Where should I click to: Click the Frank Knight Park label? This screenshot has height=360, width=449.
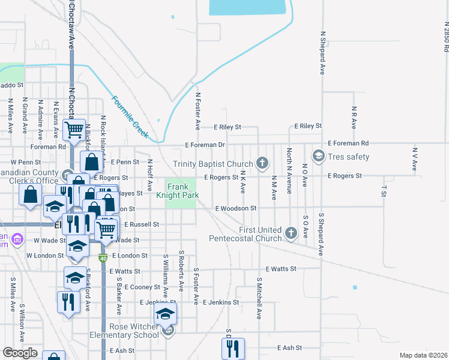[181, 191]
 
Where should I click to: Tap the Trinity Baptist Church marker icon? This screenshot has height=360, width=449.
[262, 163]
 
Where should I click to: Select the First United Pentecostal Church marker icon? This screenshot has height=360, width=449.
[291, 233]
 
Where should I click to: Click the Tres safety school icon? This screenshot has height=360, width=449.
[318, 157]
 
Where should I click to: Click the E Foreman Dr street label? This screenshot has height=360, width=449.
[205, 145]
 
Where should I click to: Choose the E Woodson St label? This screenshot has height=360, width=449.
[236, 208]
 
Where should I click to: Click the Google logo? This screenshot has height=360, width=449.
[20, 353]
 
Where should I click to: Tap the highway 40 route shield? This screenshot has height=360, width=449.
[103, 257]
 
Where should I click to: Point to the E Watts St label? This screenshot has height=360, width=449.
[282, 269]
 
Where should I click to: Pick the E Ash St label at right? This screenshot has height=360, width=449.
[290, 348]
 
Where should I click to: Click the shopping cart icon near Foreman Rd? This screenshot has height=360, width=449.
[75, 128]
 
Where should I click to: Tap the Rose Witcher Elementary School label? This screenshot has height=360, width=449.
[125, 331]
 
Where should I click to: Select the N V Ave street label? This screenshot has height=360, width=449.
[414, 158]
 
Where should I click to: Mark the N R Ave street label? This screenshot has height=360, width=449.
[354, 118]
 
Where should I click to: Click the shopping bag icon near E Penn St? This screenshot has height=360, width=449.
[91, 161]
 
